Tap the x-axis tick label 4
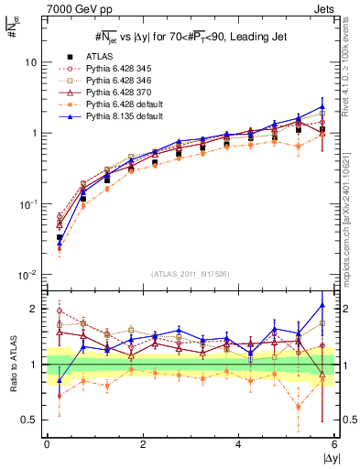pos(238,445)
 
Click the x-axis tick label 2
pos(143,445)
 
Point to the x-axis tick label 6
pos(334,445)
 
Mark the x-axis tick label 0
pos(47,445)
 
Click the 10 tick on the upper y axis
pos(30,62)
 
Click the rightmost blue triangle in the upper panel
pos(322,106)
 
